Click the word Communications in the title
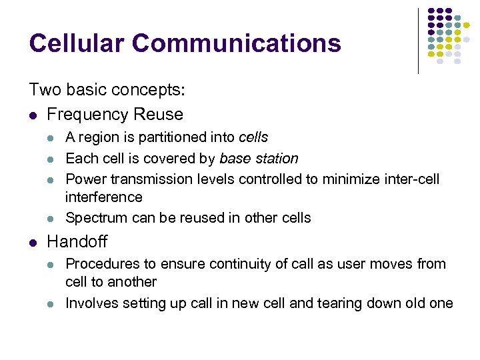point(236,43)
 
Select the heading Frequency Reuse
point(115,115)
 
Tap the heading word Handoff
point(77,241)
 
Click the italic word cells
point(253,137)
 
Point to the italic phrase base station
point(259,159)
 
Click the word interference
point(103,197)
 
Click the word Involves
point(91,303)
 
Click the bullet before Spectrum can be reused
point(51,219)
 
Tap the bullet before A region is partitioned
point(51,138)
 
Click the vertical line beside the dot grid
point(418,40)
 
